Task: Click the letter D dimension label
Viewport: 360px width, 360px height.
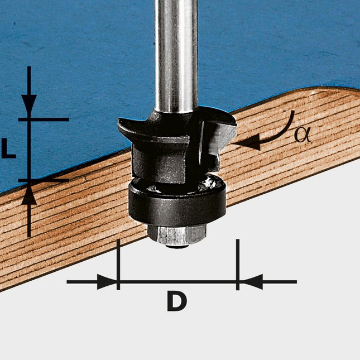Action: (176, 301)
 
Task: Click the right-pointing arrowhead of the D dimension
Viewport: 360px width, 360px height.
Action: (108, 282)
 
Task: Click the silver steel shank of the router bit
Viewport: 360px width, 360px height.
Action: (176, 56)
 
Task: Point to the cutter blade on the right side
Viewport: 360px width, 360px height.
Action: (222, 134)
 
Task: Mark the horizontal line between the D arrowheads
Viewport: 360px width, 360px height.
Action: (177, 282)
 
